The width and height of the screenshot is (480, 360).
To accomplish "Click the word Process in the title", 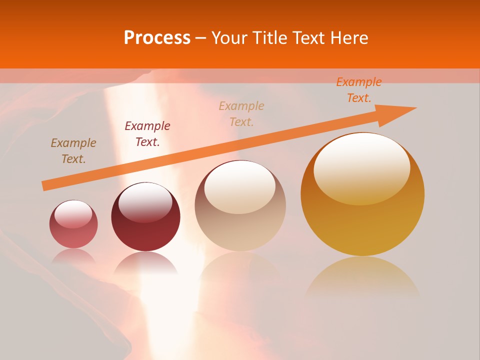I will [x=157, y=38].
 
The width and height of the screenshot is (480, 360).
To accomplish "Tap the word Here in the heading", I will [x=348, y=38].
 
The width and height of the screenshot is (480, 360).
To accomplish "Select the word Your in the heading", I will [x=228, y=38].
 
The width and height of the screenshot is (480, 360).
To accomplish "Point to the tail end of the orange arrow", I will [x=45, y=186].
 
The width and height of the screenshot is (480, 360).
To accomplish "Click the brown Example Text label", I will [x=73, y=151].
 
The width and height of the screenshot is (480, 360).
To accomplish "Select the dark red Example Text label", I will [x=147, y=134].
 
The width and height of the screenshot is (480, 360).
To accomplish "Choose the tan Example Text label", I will [x=241, y=114].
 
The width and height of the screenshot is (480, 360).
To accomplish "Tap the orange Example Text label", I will [x=359, y=90].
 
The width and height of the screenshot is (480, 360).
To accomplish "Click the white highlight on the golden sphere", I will [x=361, y=167].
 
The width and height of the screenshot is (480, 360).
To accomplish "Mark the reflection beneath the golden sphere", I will [x=362, y=277].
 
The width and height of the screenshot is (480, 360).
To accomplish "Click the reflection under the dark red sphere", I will [x=145, y=262].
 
